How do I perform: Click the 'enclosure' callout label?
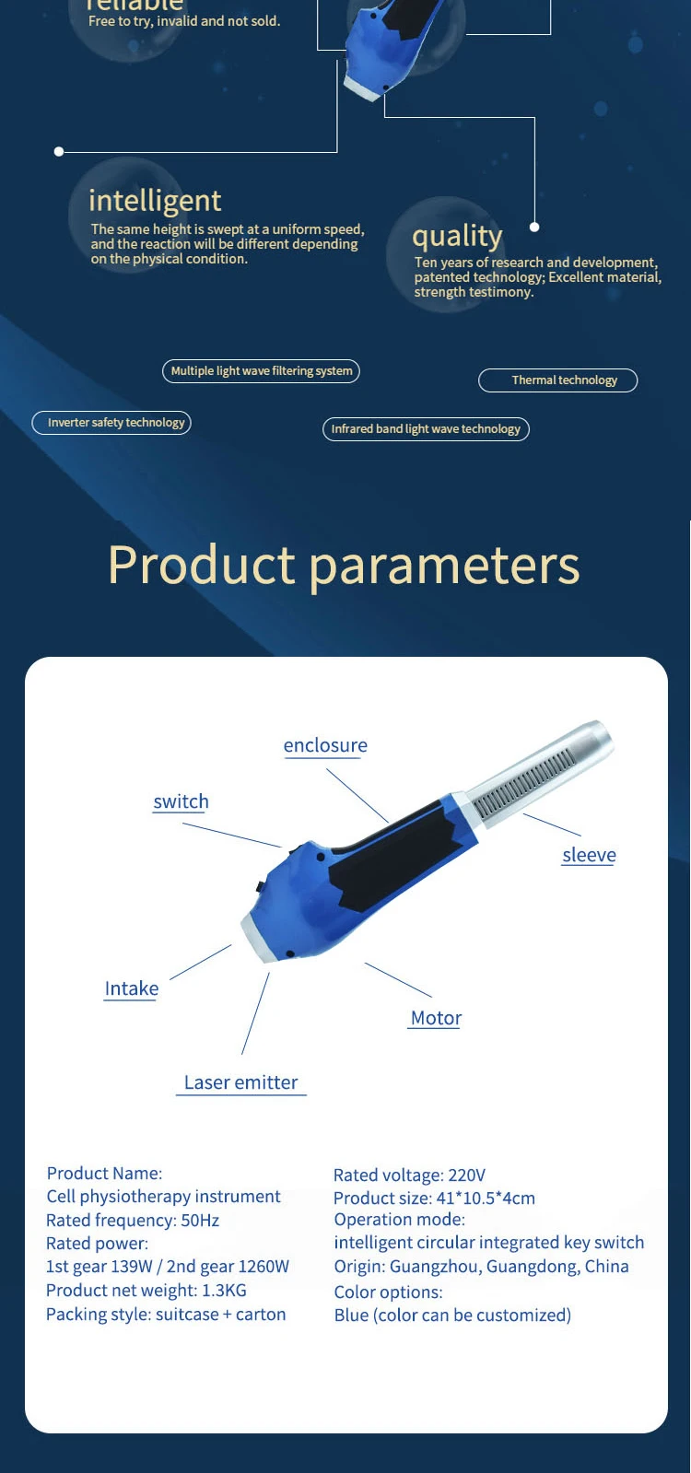(325, 745)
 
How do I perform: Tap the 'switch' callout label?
(181, 801)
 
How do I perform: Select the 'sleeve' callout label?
(589, 855)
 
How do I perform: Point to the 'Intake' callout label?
(131, 988)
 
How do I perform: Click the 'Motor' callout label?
(436, 1018)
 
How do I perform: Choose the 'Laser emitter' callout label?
(240, 1082)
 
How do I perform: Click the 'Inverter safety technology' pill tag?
(112, 423)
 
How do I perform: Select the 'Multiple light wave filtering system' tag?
(261, 371)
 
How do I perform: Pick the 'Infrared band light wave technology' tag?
(426, 429)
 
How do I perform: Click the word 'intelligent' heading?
(155, 201)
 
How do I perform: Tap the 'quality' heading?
(457, 237)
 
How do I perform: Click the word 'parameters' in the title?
(444, 565)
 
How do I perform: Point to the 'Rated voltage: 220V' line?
(409, 1175)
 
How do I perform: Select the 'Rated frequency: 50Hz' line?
(133, 1221)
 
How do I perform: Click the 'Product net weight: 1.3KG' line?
(146, 1291)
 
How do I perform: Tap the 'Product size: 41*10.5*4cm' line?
(434, 1198)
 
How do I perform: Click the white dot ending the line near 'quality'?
(534, 227)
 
